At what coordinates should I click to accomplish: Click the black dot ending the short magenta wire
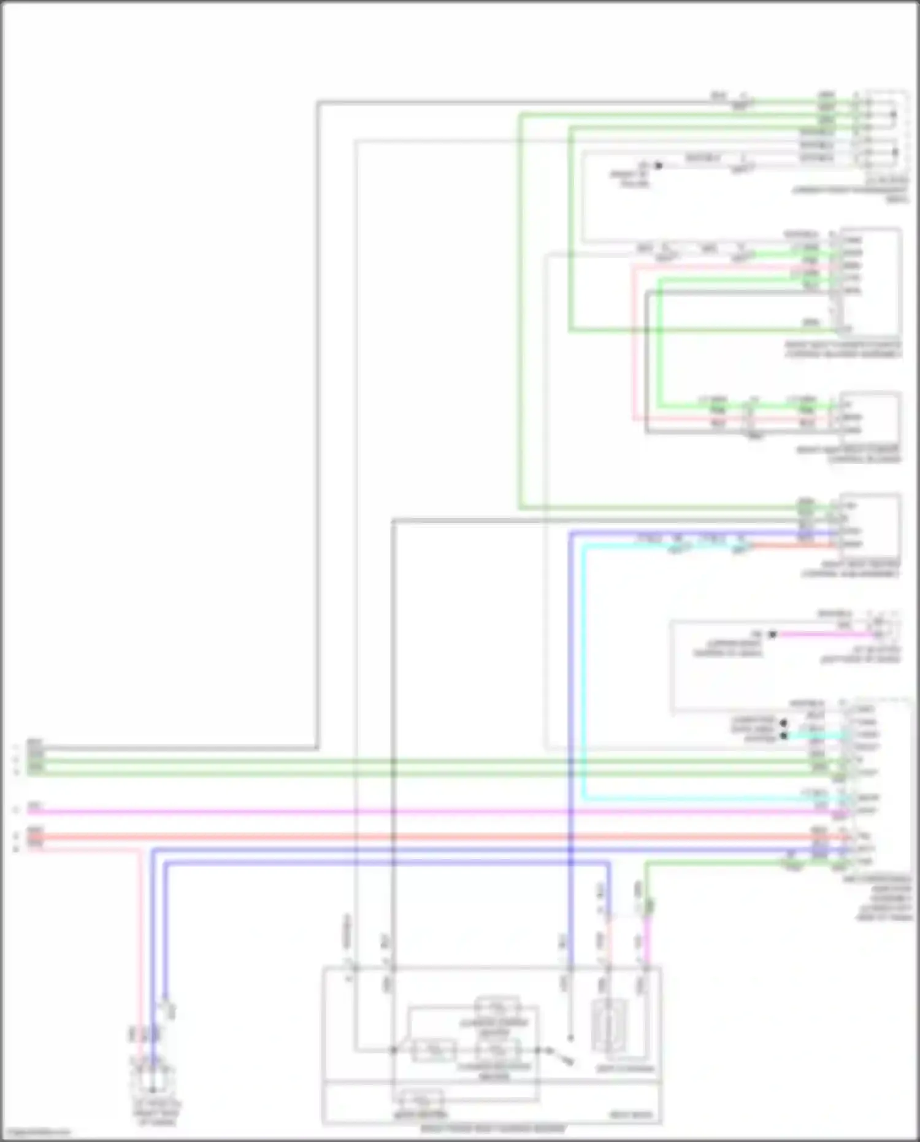coord(773,635)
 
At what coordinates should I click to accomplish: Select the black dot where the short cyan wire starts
coord(783,735)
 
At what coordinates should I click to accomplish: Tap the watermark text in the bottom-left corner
coord(36,1133)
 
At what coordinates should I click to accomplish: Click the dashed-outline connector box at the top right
coord(886,129)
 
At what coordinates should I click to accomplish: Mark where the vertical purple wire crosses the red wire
coord(571,837)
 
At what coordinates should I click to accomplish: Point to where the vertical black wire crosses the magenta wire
coord(393,811)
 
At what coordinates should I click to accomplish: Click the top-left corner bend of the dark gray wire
coord(318,102)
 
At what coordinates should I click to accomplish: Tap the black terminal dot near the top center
coord(659,166)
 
